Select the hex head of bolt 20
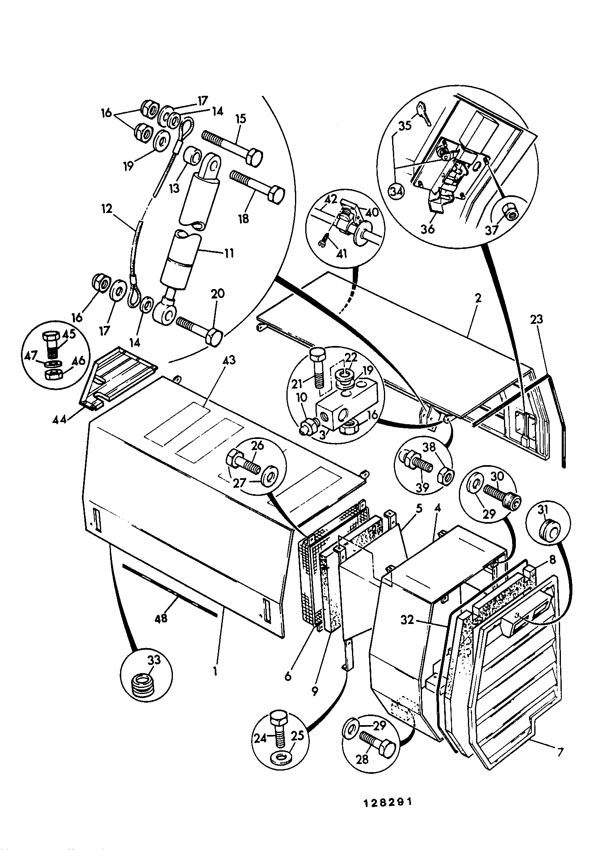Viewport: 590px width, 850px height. click(213, 336)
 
